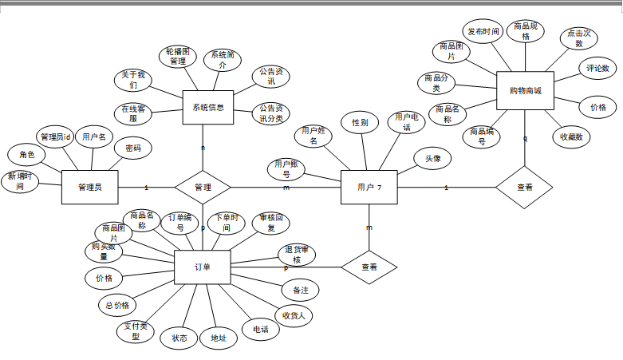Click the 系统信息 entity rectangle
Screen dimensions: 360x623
click(x=207, y=107)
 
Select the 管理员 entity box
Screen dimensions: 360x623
click(x=89, y=188)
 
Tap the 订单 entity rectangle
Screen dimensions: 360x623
click(x=202, y=267)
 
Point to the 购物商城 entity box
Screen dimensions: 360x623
click(x=525, y=92)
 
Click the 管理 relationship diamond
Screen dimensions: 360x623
click(x=203, y=187)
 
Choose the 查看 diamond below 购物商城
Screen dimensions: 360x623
click(x=524, y=188)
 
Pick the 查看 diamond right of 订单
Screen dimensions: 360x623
click(x=369, y=267)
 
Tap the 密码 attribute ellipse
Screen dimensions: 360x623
click(x=132, y=148)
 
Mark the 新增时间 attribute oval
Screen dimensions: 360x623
click(x=21, y=181)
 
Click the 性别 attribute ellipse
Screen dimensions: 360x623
click(x=360, y=123)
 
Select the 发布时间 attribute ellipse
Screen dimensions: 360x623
click(x=483, y=32)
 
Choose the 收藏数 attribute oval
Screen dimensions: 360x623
click(x=571, y=137)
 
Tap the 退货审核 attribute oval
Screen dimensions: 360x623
click(x=297, y=255)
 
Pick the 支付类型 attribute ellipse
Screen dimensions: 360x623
click(x=136, y=331)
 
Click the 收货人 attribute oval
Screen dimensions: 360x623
click(x=294, y=315)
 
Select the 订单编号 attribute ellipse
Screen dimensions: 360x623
click(x=180, y=223)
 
